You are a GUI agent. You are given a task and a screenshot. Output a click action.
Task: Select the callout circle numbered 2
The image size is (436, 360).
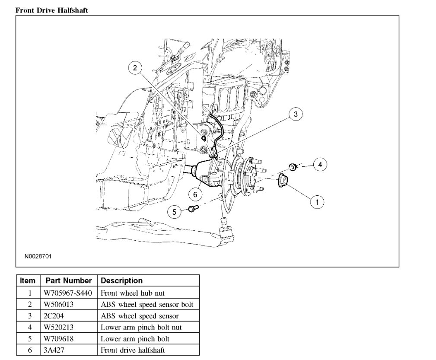point(135,68)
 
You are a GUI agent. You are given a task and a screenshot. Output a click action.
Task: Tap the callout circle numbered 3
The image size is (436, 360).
point(296,114)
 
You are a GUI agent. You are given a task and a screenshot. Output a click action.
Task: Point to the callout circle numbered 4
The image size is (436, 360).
point(320,164)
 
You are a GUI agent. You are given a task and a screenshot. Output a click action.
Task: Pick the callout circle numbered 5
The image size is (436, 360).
point(175,211)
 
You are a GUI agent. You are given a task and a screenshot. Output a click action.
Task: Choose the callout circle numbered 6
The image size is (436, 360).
point(195,195)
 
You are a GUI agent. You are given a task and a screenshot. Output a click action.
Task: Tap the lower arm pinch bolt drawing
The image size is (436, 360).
point(192,209)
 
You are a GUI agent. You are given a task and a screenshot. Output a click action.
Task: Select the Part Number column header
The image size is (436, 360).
point(69,280)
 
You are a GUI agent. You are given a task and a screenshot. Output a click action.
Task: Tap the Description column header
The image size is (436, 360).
point(121,280)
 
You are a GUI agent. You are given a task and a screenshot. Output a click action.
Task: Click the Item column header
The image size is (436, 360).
point(28,280)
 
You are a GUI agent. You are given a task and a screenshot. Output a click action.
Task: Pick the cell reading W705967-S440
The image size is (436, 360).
point(68,293)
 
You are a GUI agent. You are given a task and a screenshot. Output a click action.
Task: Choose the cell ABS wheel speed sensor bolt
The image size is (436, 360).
point(147,304)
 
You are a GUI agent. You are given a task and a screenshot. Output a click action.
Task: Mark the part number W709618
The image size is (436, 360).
point(58,339)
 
